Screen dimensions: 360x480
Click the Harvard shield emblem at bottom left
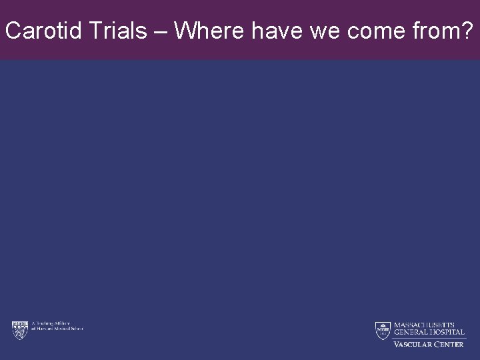pos(19,329)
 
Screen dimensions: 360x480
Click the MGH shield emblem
pos(382,330)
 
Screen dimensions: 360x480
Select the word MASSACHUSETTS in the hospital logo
pos(425,325)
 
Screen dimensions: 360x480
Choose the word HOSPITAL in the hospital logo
pos(446,332)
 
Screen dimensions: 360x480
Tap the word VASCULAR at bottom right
pos(413,344)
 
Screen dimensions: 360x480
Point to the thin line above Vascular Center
pos(428,338)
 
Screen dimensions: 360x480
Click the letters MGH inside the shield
pos(382,328)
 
